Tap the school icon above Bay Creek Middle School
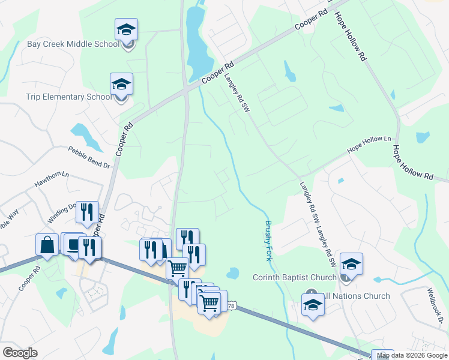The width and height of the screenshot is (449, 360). click(127, 29)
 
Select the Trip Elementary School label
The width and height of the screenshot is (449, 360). click(68, 97)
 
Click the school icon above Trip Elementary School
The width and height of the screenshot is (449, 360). click(121, 85)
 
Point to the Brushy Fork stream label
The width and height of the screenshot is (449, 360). click(268, 241)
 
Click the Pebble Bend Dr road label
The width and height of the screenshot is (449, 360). click(89, 157)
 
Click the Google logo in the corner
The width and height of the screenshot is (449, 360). click(20, 353)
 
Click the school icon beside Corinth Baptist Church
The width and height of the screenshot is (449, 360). click(351, 264)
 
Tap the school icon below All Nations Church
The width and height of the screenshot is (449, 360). click(313, 305)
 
